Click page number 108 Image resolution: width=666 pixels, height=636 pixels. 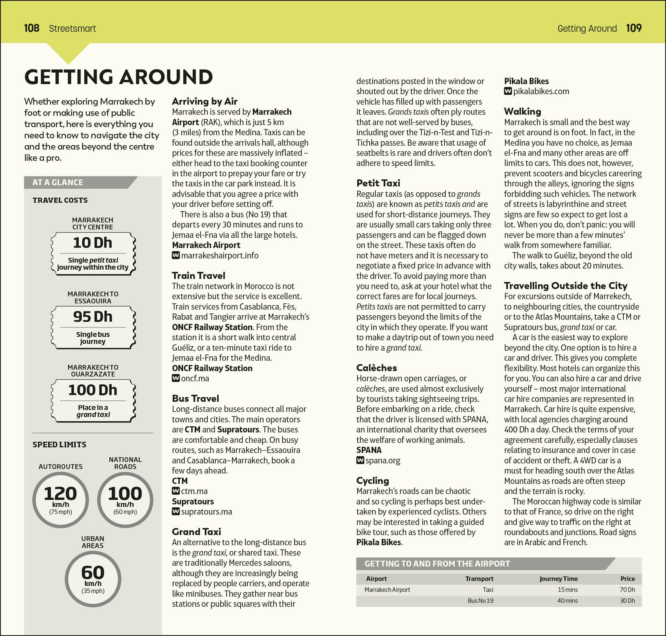click(x=31, y=28)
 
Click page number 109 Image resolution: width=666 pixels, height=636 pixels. click(x=633, y=28)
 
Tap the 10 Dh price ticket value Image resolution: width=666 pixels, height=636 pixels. click(x=93, y=243)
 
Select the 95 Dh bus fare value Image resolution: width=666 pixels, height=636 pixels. click(x=93, y=317)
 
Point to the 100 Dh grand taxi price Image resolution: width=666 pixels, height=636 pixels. click(x=93, y=390)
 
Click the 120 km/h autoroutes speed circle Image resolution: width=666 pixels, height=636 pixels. click(x=60, y=500)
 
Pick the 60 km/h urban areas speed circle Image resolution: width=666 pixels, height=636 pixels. click(x=93, y=579)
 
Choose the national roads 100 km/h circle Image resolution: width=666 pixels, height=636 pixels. click(x=125, y=500)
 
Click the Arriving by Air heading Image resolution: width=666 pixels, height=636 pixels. click(x=204, y=102)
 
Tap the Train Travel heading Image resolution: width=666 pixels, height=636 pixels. click(x=198, y=276)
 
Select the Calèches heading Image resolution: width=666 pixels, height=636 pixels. click(x=376, y=368)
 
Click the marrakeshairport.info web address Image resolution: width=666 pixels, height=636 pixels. click(x=219, y=255)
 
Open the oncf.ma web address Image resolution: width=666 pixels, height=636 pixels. click(x=195, y=378)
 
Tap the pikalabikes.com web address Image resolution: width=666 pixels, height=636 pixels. click(x=541, y=91)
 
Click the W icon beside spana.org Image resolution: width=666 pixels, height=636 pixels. click(x=360, y=460)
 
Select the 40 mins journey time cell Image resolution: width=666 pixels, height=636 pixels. click(x=567, y=600)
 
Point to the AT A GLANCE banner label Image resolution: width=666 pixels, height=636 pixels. click(x=58, y=182)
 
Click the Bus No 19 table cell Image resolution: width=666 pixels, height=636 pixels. click(x=480, y=600)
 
